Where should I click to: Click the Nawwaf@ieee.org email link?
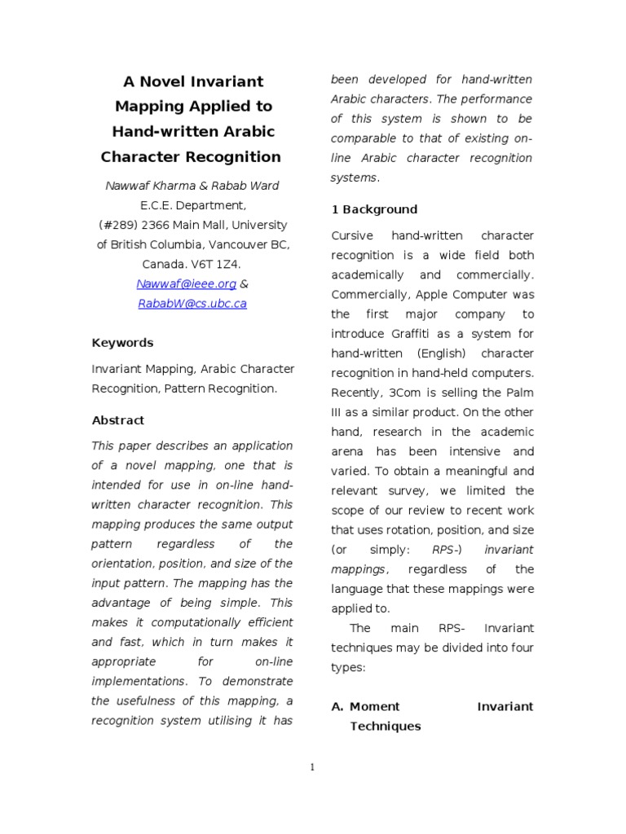186,283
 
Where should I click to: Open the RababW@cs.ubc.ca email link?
192,303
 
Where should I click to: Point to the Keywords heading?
122,343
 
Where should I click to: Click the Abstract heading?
117,420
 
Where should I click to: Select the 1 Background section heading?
374,209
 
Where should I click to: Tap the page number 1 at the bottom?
312,766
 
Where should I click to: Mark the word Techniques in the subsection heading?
386,726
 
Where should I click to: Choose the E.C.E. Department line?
192,205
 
